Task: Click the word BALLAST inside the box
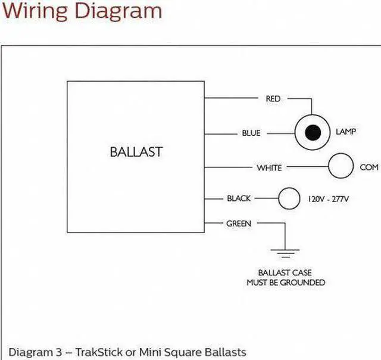point(136,151)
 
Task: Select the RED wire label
point(273,99)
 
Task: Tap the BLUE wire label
point(251,133)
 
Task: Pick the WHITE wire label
point(269,168)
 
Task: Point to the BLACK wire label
point(239,198)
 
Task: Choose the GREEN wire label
point(239,224)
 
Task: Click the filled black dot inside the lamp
point(313,132)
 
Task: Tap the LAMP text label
point(346,132)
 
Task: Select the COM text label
point(369,167)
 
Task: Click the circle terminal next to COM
point(342,166)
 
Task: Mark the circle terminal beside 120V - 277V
point(289,198)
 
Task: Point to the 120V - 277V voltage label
point(328,198)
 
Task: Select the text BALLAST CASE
point(285,272)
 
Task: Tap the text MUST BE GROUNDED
point(286,282)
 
